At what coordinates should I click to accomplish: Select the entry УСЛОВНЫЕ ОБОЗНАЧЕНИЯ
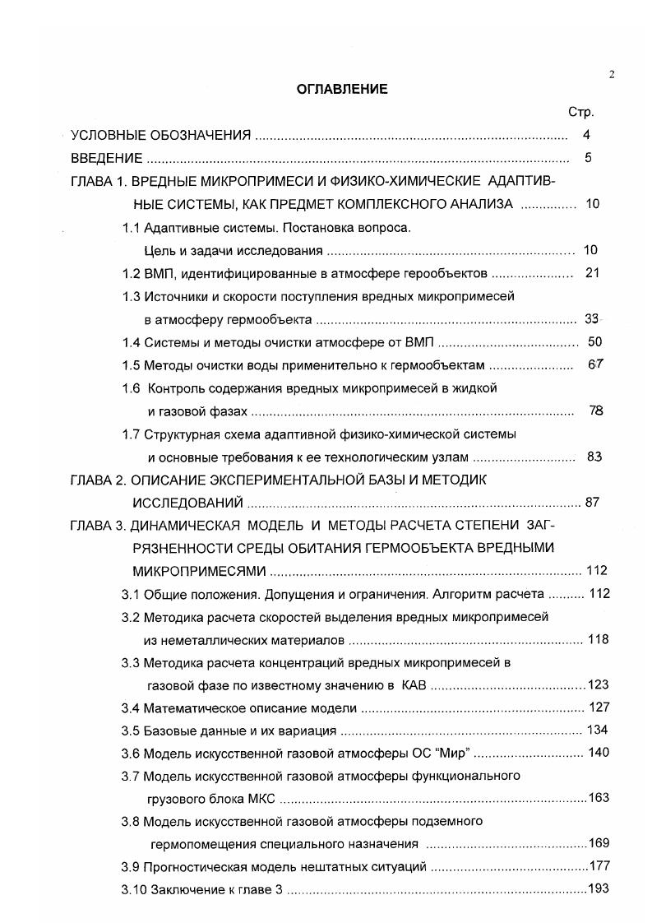[x=160, y=135]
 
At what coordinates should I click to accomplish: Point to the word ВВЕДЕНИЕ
[x=106, y=158]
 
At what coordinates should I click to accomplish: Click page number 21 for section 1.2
[x=592, y=272]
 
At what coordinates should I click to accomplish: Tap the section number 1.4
[x=131, y=341]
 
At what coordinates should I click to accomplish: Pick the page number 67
[x=595, y=364]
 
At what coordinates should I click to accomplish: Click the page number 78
[x=596, y=410]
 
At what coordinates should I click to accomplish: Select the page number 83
[x=594, y=457]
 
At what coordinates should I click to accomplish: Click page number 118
[x=598, y=638]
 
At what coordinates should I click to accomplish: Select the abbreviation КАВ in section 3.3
[x=416, y=684]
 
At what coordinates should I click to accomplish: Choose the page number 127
[x=599, y=707]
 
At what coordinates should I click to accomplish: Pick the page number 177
[x=599, y=865]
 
